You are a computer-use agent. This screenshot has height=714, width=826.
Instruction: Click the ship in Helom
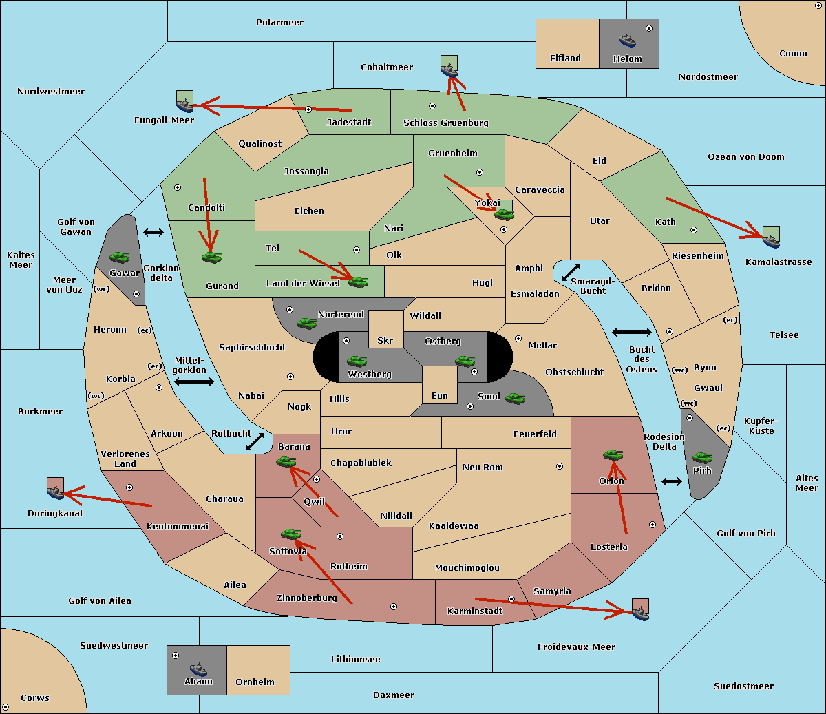coord(627,40)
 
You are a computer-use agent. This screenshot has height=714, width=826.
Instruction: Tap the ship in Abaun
coord(198,669)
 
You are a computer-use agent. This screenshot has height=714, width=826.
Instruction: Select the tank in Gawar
coord(120,257)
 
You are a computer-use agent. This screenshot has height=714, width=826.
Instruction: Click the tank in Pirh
coord(702,457)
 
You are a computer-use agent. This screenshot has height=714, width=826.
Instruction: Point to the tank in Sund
coord(516,398)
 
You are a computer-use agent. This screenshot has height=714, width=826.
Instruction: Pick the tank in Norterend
coord(306,323)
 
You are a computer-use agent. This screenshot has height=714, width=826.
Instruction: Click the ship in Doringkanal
coord(56,492)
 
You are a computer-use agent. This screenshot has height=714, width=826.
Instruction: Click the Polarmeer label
coord(279,23)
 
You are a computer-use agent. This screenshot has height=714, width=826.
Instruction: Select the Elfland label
coord(565,59)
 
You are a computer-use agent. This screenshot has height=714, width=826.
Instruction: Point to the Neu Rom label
coord(483,467)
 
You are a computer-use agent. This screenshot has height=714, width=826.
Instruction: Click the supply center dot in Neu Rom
coord(560,466)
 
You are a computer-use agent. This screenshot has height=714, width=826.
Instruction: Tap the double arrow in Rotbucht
coord(255,442)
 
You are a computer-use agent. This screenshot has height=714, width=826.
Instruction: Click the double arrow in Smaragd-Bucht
coord(571,272)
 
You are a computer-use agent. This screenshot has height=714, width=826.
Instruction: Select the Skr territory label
coord(385,340)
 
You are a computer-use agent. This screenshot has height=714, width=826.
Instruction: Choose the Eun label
coord(440,395)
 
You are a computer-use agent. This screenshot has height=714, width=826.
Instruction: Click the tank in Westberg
coord(357,361)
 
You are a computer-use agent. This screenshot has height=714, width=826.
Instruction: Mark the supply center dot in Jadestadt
coord(308,109)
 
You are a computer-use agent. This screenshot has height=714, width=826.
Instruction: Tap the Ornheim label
coord(255,682)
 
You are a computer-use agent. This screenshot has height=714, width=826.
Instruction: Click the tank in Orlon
coord(613,455)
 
